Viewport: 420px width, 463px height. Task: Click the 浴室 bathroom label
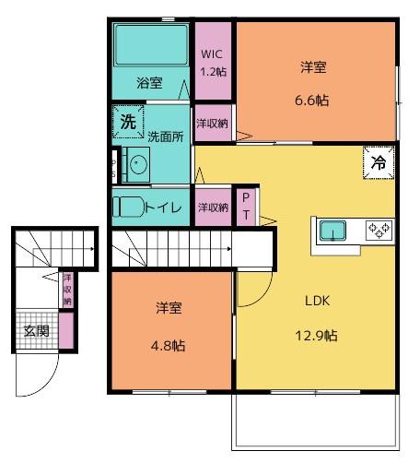tap(149, 82)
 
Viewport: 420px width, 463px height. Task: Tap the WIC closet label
tap(213, 53)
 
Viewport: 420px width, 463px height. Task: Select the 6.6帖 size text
tap(314, 101)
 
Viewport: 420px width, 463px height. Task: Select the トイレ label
tap(163, 208)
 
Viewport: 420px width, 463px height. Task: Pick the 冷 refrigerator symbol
tap(379, 161)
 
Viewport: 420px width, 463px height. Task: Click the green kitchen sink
tap(331, 229)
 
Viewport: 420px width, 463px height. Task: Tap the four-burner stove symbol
tap(379, 229)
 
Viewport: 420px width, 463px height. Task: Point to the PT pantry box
tap(247, 207)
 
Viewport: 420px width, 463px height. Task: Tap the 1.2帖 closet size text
tap(213, 70)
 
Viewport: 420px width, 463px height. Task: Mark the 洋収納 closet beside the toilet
tap(213, 208)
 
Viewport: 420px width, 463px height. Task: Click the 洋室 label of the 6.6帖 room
tap(314, 66)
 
